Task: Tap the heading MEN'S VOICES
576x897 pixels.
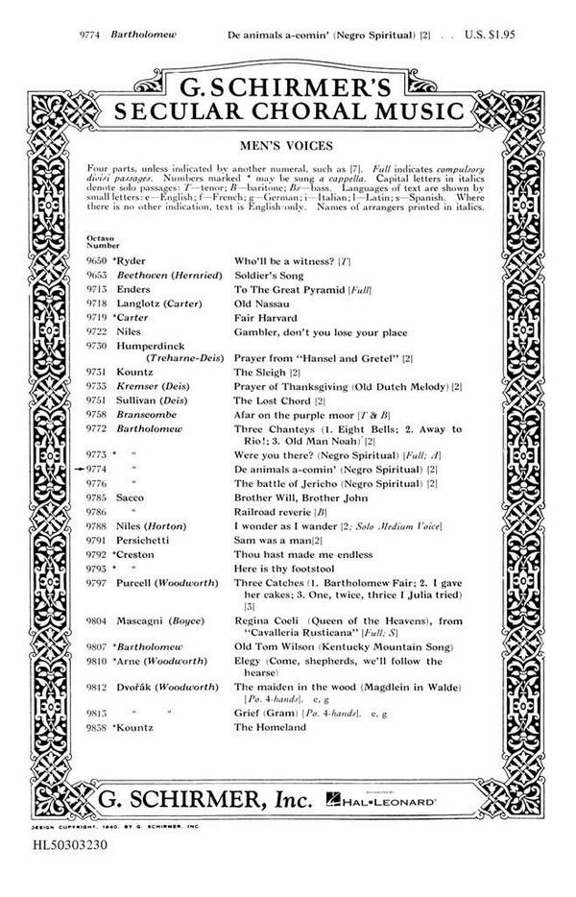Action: click(x=287, y=147)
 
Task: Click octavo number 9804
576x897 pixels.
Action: click(x=98, y=621)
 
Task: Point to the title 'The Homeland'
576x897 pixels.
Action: click(x=270, y=727)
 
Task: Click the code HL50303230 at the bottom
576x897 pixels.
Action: click(x=61, y=850)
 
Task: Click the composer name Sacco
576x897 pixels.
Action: click(x=131, y=499)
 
